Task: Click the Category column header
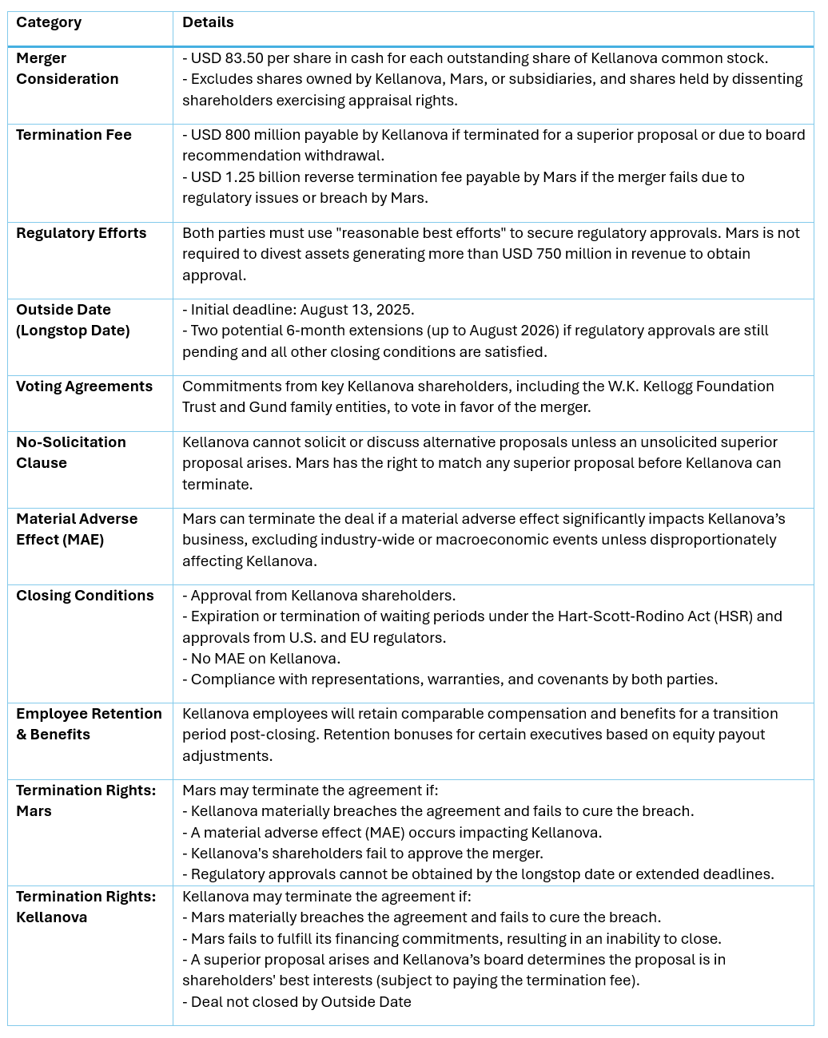pos(49,22)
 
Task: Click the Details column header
pos(208,22)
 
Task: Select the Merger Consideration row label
pos(67,69)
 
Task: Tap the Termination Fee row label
pos(74,135)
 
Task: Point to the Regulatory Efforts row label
pos(82,233)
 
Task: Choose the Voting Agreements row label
pos(84,386)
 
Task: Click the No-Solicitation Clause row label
pos(70,453)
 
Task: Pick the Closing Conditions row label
pos(85,596)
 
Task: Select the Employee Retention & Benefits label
pos(89,724)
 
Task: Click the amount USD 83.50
pos(228,58)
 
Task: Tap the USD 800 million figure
pos(235,135)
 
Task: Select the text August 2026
pos(513,331)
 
